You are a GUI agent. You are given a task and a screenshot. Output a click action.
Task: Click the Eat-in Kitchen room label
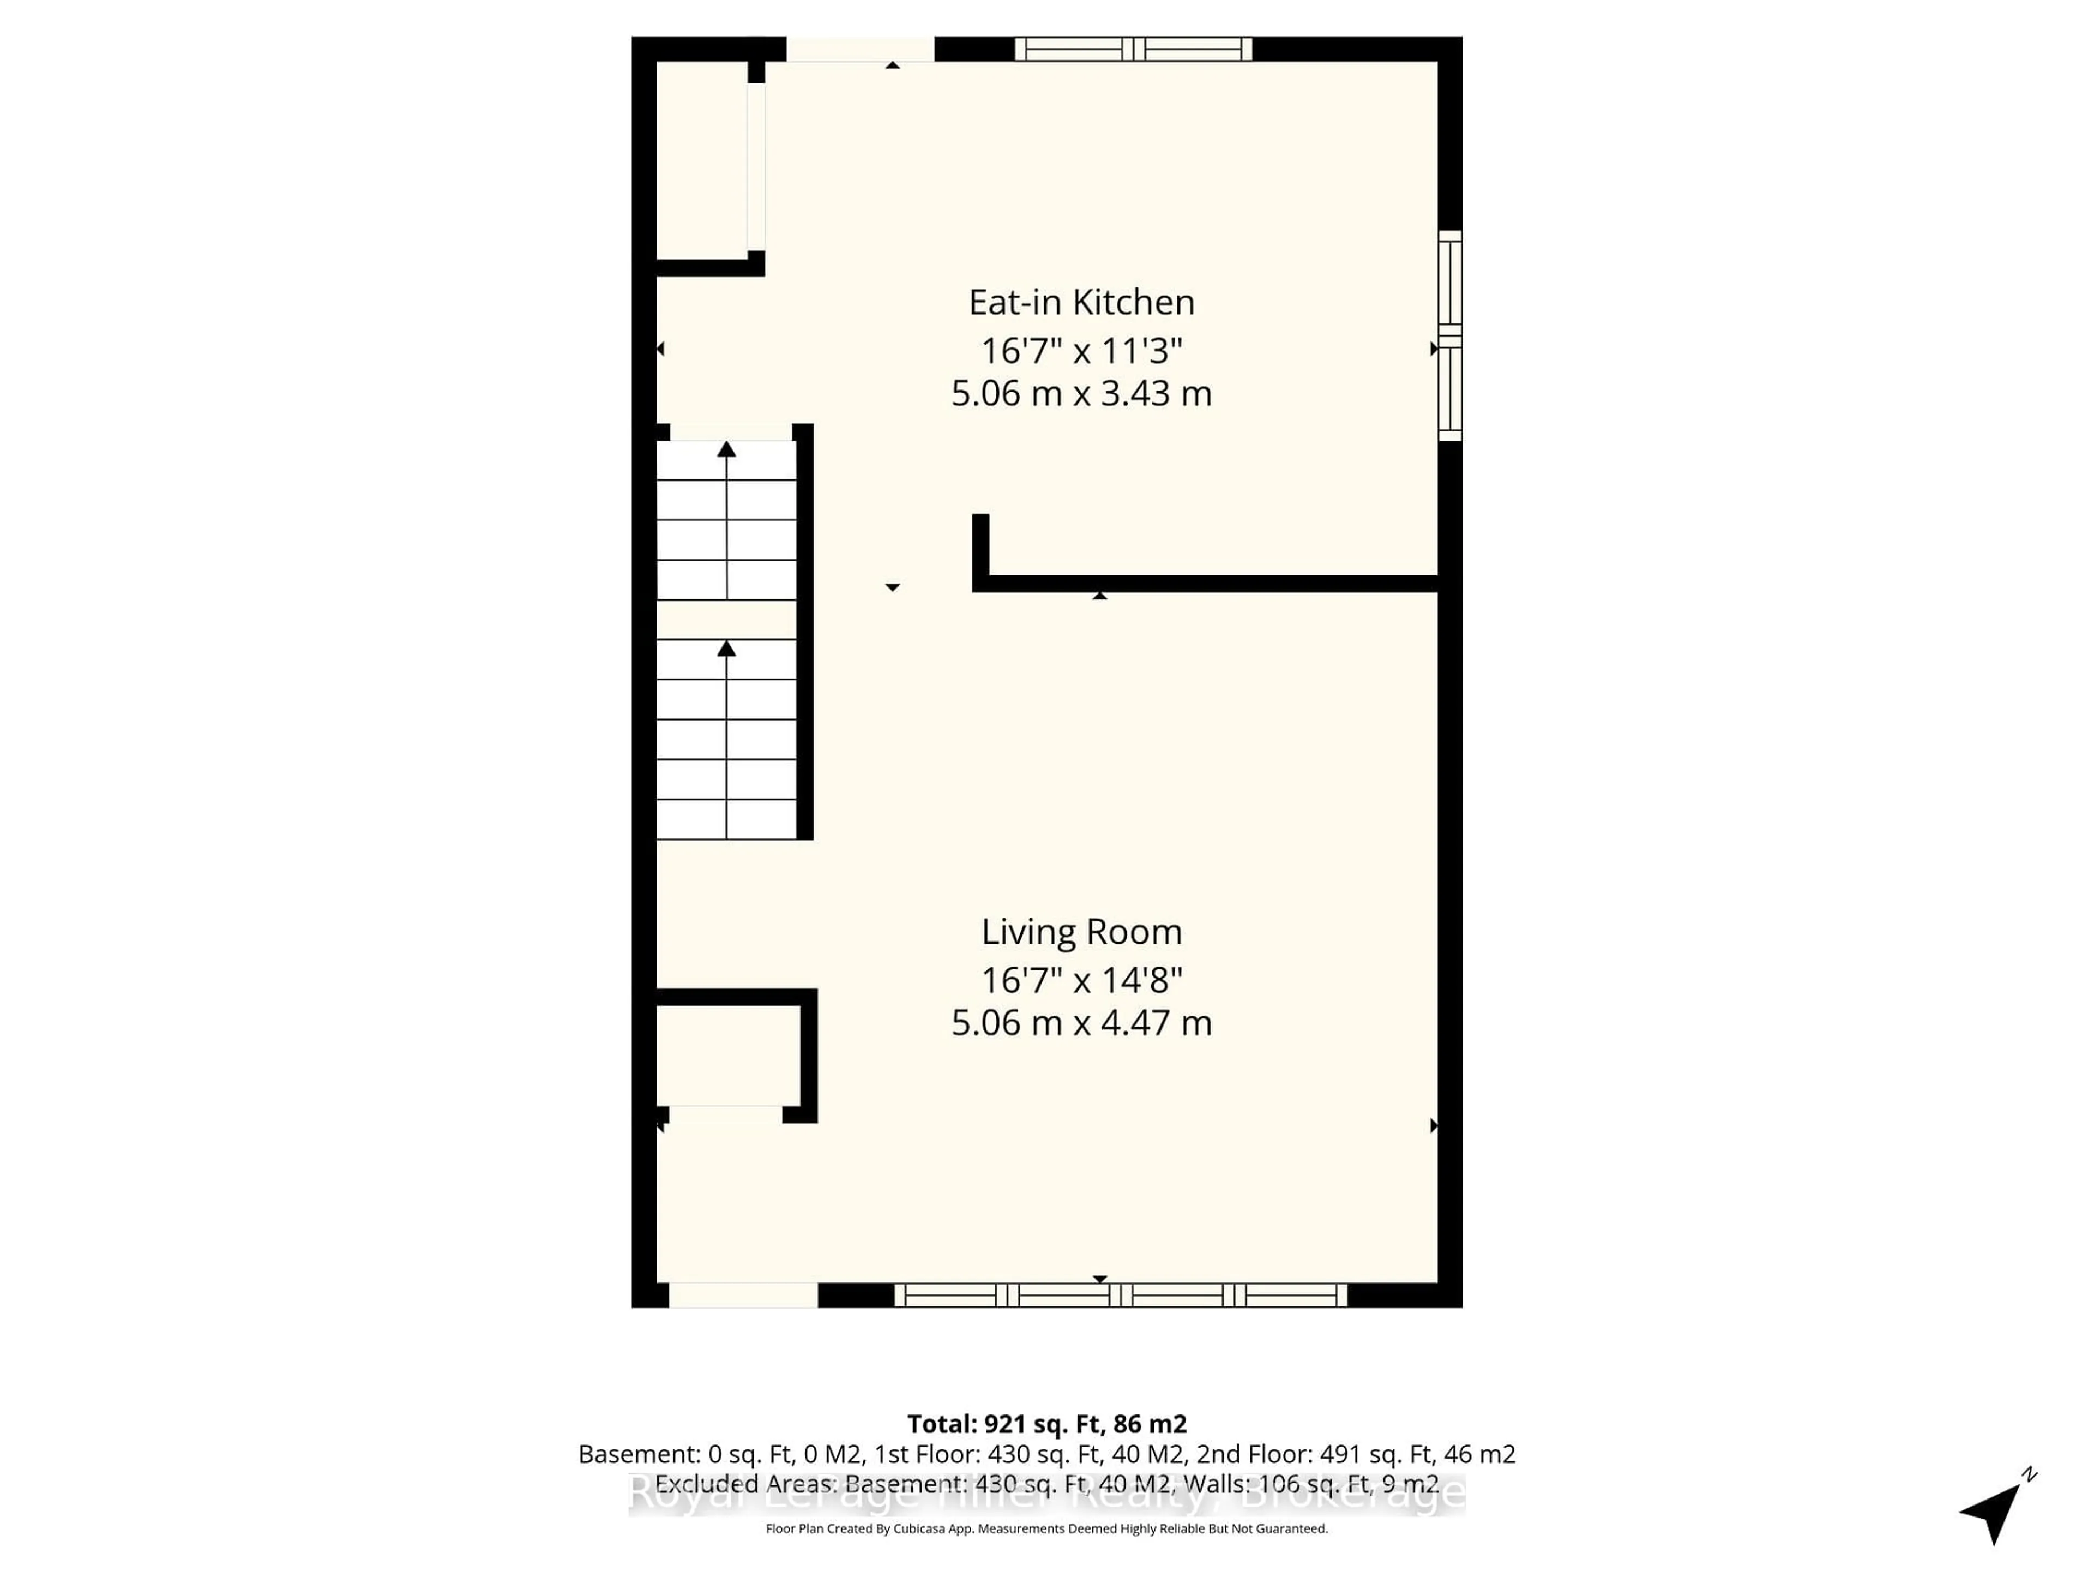pos(1081,302)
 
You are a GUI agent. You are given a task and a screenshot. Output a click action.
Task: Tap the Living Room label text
pos(1081,932)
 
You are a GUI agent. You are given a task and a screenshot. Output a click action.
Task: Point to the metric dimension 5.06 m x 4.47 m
pos(1081,1023)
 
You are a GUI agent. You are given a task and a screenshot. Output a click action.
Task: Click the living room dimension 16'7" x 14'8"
pos(1081,979)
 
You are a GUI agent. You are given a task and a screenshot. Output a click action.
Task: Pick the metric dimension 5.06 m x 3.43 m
pos(1081,393)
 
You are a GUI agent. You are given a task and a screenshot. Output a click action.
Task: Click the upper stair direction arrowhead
pos(726,450)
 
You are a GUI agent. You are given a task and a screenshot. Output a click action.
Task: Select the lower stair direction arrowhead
pos(726,649)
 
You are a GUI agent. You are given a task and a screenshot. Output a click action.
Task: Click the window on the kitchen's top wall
pos(1133,49)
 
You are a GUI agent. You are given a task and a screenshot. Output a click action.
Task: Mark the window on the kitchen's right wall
pos(1449,336)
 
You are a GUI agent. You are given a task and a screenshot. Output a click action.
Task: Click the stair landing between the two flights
pos(726,619)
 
